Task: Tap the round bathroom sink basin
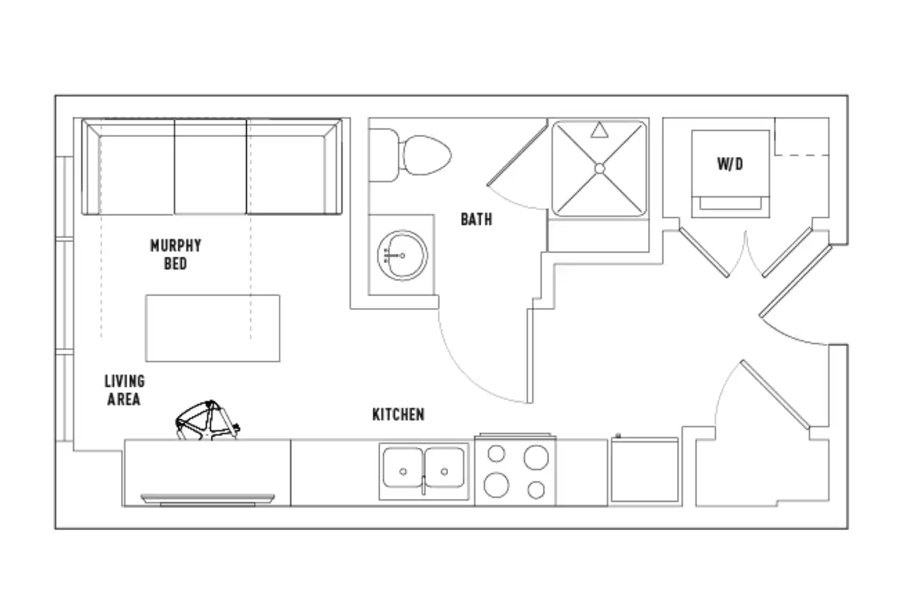[402, 255]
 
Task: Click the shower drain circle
[599, 168]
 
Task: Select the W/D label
[730, 164]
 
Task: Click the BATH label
[476, 219]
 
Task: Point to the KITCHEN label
[398, 415]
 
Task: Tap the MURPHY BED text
[176, 254]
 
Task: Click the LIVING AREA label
[124, 390]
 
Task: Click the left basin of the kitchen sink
[403, 468]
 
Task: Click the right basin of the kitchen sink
[445, 468]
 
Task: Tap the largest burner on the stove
[536, 457]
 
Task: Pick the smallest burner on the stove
[536, 489]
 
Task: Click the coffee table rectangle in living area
[213, 328]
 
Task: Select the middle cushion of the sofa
[210, 171]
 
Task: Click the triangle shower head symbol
[598, 131]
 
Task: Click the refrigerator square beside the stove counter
[645, 471]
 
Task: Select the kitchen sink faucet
[423, 485]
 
